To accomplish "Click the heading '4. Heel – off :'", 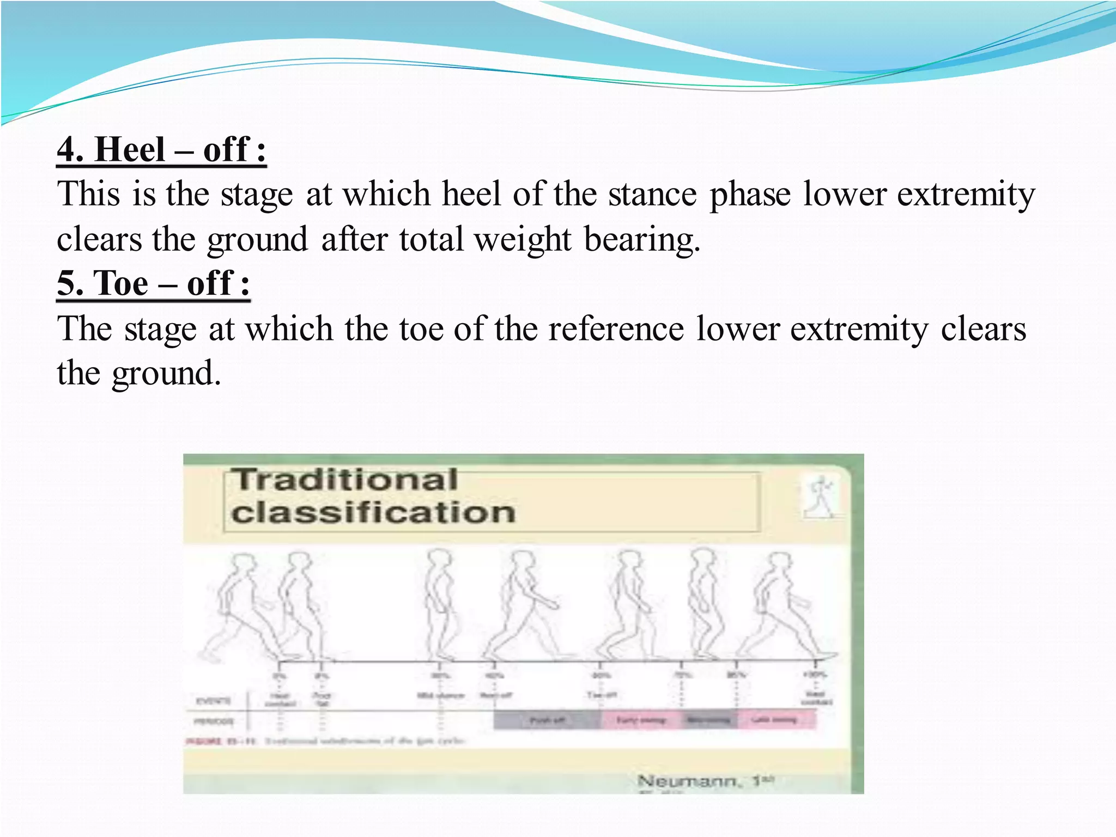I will tap(162, 149).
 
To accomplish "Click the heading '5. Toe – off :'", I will tap(154, 283).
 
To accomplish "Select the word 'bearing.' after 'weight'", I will tap(642, 239).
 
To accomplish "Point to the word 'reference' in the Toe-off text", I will tap(616, 329).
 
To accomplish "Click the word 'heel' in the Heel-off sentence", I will tap(471, 194).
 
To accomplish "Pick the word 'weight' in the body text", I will tap(523, 239).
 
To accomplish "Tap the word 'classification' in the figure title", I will tap(373, 513).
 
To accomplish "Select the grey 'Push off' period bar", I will tap(547, 720).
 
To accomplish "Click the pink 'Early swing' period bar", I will tap(641, 720).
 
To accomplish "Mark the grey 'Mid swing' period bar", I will tap(708, 720).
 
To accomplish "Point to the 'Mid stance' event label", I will tap(440, 695).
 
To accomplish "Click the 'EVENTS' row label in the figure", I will tap(213, 700).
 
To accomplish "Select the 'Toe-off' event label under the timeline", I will tap(602, 695).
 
